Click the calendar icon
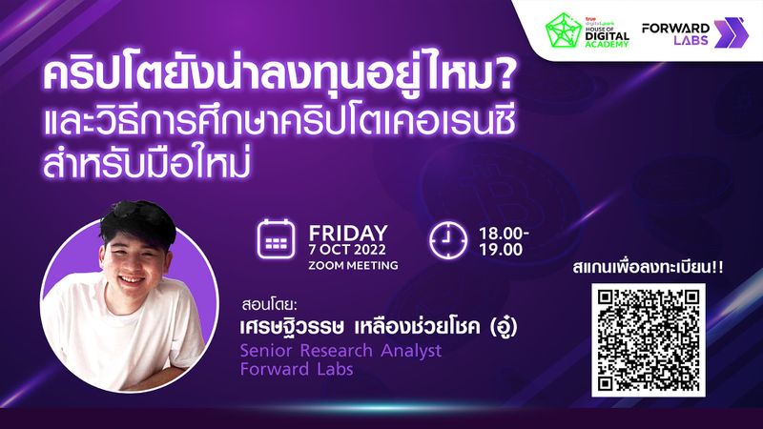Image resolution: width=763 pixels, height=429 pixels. (275, 242)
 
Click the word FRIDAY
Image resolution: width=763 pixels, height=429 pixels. (347, 232)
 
